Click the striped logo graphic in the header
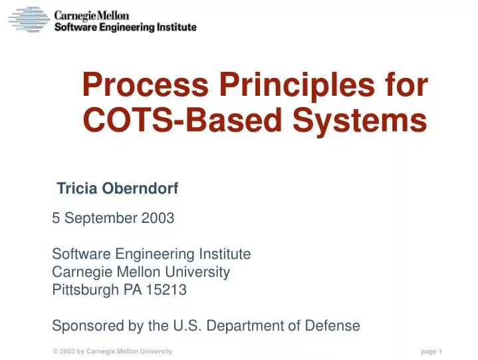(29, 20)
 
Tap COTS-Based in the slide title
(170, 120)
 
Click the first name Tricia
(77, 189)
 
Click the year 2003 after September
(160, 218)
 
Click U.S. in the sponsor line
(189, 326)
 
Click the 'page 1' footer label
(431, 351)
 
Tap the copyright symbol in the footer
(56, 351)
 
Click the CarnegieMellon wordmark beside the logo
(91, 15)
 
